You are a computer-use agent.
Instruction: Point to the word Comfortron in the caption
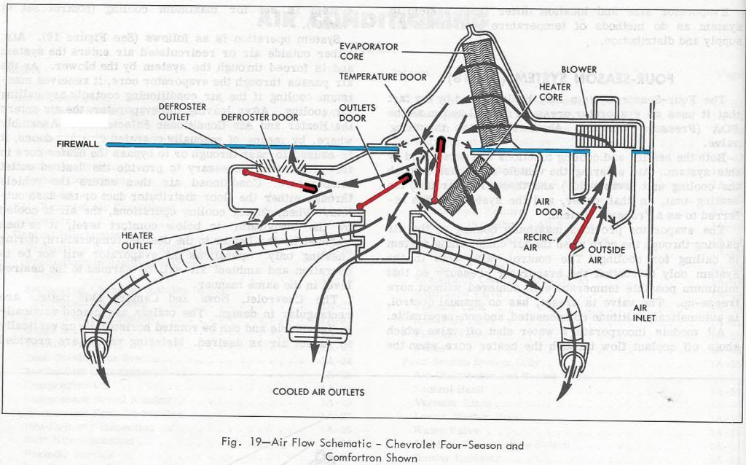click(353, 458)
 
